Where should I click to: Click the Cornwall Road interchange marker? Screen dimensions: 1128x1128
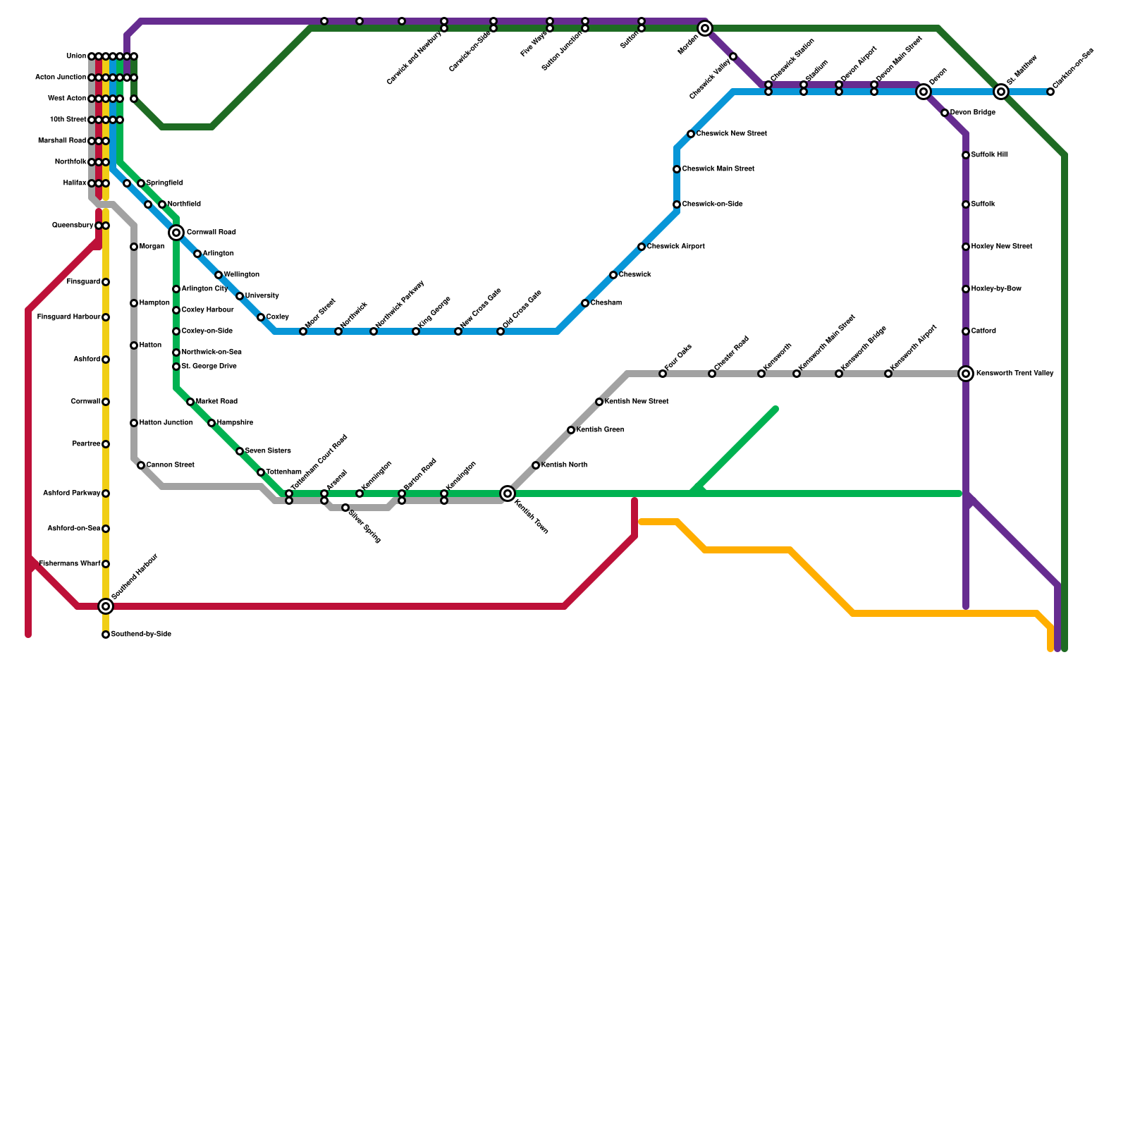[176, 233]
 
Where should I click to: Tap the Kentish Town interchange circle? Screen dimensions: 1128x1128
[508, 493]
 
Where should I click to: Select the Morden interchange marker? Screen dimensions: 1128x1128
[705, 28]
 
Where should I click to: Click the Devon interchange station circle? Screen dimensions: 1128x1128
[924, 92]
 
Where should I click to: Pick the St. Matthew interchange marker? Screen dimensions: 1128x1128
[1001, 92]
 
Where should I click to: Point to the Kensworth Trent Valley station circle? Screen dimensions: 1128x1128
[966, 374]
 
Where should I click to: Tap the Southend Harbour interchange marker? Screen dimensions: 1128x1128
[106, 606]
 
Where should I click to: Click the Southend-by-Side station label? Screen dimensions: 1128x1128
[141, 634]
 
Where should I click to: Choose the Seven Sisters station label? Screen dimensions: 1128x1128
[268, 451]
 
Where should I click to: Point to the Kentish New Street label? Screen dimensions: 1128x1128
[637, 402]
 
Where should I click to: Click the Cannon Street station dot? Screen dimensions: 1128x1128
[141, 465]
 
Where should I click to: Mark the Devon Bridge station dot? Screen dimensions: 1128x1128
[945, 113]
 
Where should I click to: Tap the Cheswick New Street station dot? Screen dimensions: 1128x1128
[691, 134]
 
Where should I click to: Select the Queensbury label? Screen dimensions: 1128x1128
[73, 226]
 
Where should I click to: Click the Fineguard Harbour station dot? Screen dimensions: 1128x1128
[106, 317]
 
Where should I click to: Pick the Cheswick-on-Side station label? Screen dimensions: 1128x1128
[712, 204]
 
